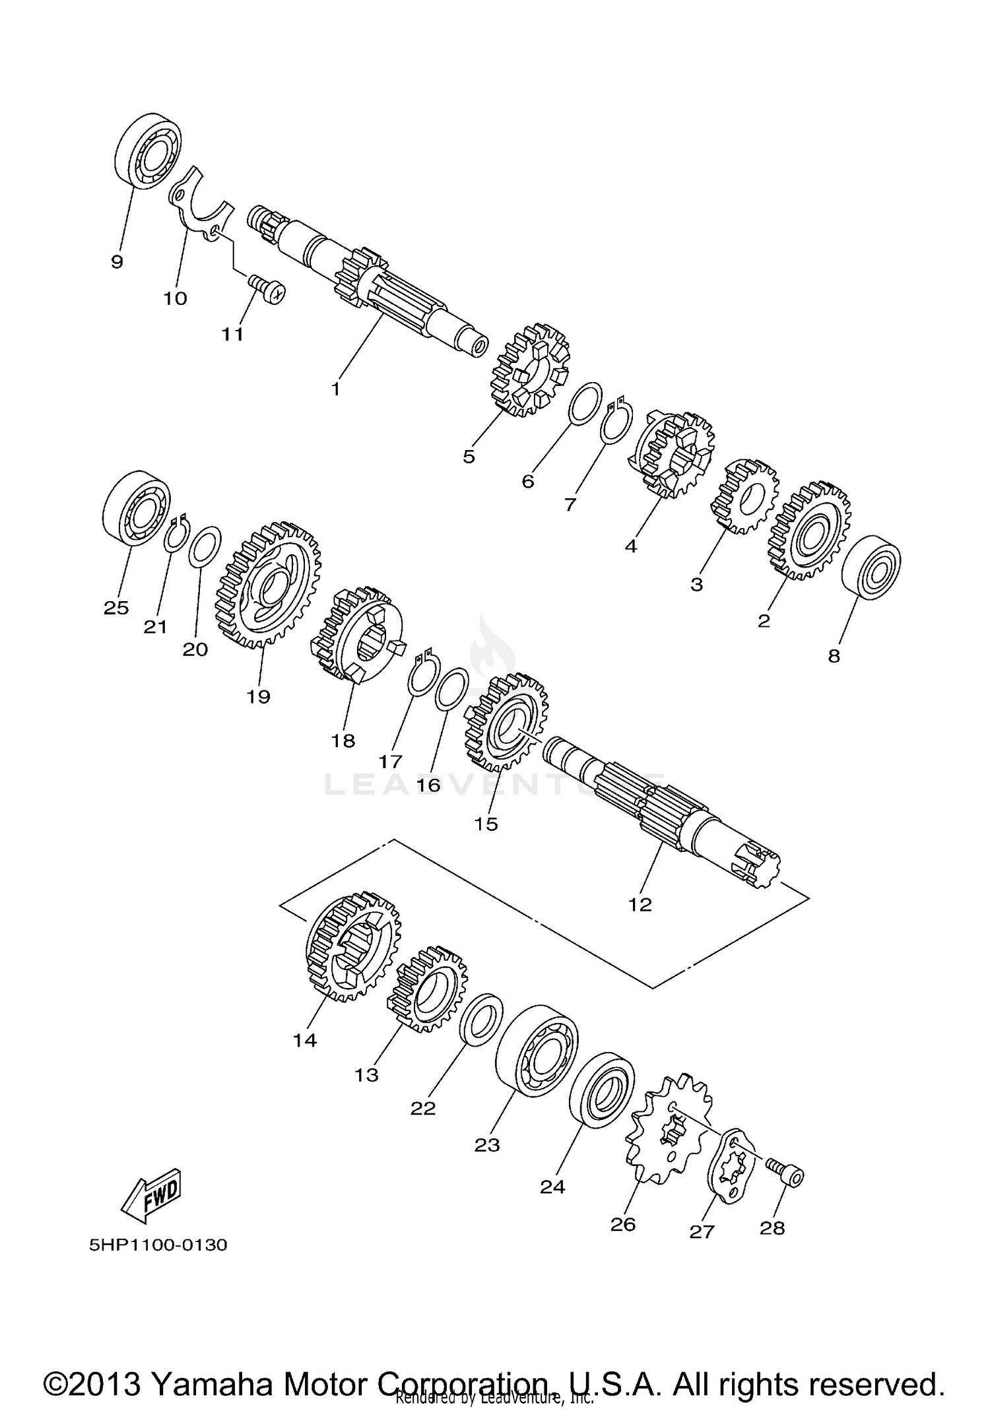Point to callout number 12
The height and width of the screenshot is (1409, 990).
pyautogui.click(x=640, y=904)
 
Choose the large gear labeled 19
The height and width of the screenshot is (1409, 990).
pyautogui.click(x=268, y=585)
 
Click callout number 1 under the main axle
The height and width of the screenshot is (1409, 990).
pyautogui.click(x=335, y=389)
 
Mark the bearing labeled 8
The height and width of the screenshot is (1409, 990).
pyautogui.click(x=871, y=568)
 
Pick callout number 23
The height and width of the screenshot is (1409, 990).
pyautogui.click(x=487, y=1146)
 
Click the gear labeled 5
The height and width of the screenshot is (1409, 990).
pyautogui.click(x=531, y=370)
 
